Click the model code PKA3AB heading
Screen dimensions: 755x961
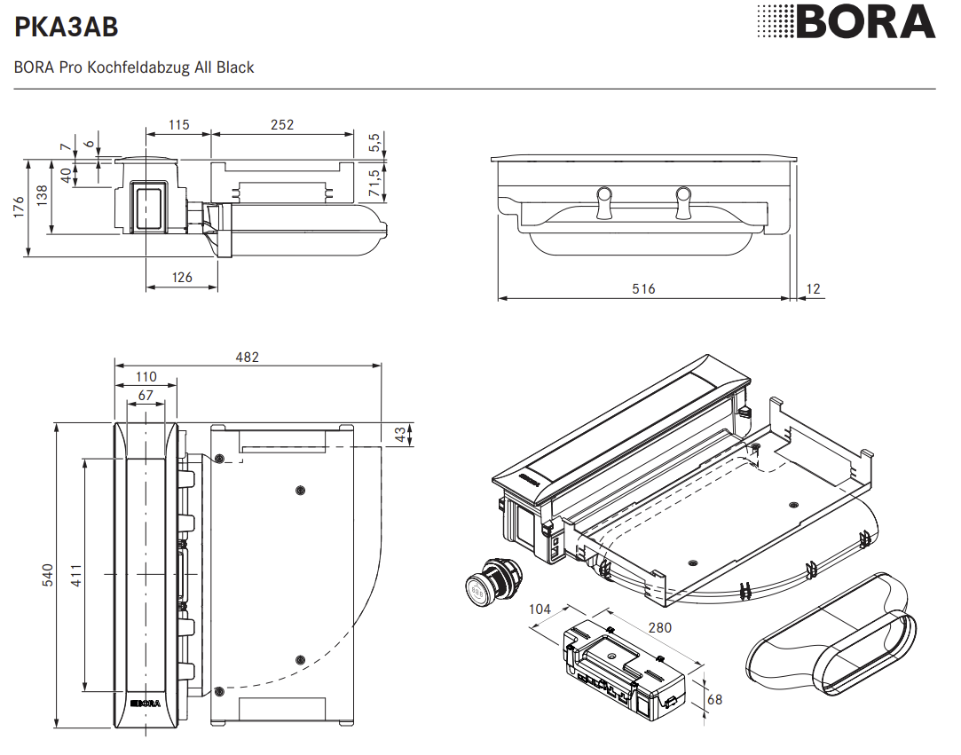[x=67, y=28]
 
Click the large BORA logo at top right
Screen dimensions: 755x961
[x=847, y=22]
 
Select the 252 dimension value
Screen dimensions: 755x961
[x=281, y=125]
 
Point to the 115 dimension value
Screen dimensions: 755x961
[x=178, y=125]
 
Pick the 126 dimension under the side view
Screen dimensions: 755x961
[x=182, y=278]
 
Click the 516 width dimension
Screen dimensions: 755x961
[x=643, y=289]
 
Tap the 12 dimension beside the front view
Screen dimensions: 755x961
[x=815, y=289]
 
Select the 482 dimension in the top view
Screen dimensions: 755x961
[x=248, y=357]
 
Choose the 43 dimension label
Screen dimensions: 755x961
[x=400, y=435]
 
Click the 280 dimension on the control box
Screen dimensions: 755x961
[x=659, y=627]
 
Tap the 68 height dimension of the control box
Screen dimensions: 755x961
[x=714, y=699]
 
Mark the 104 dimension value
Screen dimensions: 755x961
[x=539, y=610]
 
